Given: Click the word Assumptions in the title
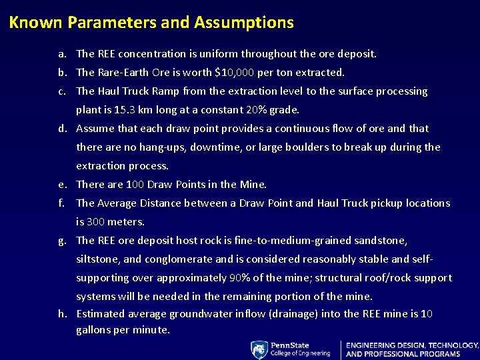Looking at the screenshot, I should pyautogui.click(x=243, y=23).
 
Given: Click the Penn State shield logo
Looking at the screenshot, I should pyautogui.click(x=259, y=349).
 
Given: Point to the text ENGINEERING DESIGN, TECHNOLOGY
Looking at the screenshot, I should pyautogui.click(x=412, y=345).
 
